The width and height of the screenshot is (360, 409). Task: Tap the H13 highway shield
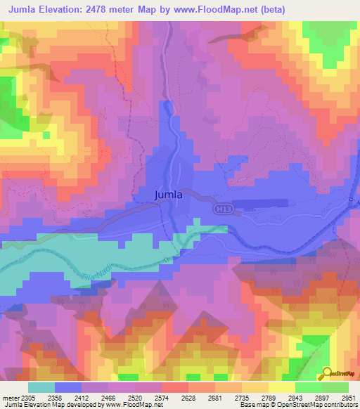223,209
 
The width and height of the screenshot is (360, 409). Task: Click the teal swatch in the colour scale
41,387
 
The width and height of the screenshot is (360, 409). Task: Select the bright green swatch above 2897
308,387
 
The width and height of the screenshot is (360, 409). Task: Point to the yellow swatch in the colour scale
281,387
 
